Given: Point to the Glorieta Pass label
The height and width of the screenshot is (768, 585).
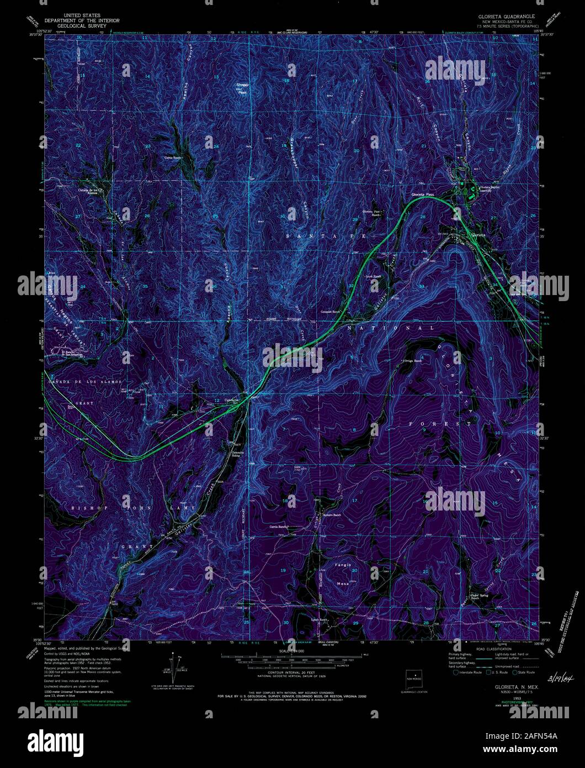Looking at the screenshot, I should (423, 194).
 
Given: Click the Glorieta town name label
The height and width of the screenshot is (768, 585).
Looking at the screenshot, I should (478, 234).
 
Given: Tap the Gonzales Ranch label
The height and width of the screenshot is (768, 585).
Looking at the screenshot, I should (333, 312).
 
